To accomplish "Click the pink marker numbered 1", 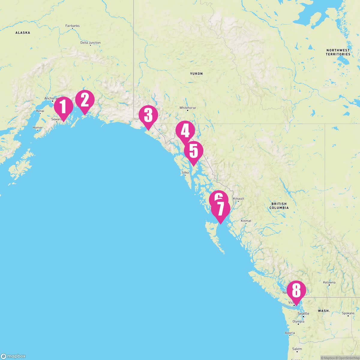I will (63, 107).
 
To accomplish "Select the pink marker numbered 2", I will (85, 100).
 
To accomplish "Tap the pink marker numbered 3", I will (148, 115).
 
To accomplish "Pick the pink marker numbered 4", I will (185, 131).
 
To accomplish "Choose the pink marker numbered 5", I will (193, 151).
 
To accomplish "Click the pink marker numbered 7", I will (220, 209).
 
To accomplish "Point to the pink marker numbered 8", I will (296, 290).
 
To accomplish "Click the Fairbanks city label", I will (72, 26).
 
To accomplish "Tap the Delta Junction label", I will (90, 43).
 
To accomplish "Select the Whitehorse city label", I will (187, 108).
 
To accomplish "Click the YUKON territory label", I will (196, 73).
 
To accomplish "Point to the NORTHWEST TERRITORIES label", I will (338, 52).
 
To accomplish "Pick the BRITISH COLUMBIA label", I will (279, 205).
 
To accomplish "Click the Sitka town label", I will (185, 172).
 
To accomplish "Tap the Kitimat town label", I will (246, 221).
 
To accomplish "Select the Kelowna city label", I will (329, 282).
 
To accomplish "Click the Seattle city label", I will (303, 313).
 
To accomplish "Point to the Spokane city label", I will (348, 313).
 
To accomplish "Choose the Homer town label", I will (37, 127).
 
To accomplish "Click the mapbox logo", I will (13, 356).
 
